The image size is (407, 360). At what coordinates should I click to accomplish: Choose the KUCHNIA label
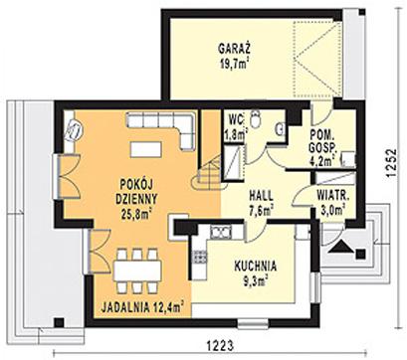click(x=255, y=267)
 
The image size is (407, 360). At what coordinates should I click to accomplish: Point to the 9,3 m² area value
click(x=256, y=281)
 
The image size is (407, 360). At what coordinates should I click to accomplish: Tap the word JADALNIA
click(x=126, y=308)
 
